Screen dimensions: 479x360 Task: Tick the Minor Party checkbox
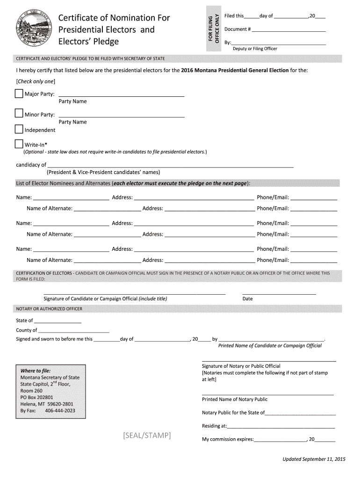19,114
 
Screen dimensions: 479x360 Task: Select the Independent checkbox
19,129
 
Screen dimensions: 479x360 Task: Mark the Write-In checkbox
19,144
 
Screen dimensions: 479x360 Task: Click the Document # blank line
288,31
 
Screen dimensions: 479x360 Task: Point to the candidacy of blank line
171,166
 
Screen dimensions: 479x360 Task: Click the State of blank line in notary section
58,322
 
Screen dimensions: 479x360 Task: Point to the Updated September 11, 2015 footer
313,459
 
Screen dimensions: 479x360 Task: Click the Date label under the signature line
247,298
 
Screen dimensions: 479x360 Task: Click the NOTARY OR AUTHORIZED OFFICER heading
49,309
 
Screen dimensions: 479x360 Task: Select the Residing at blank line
281,428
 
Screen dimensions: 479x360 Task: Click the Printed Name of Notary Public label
235,399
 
